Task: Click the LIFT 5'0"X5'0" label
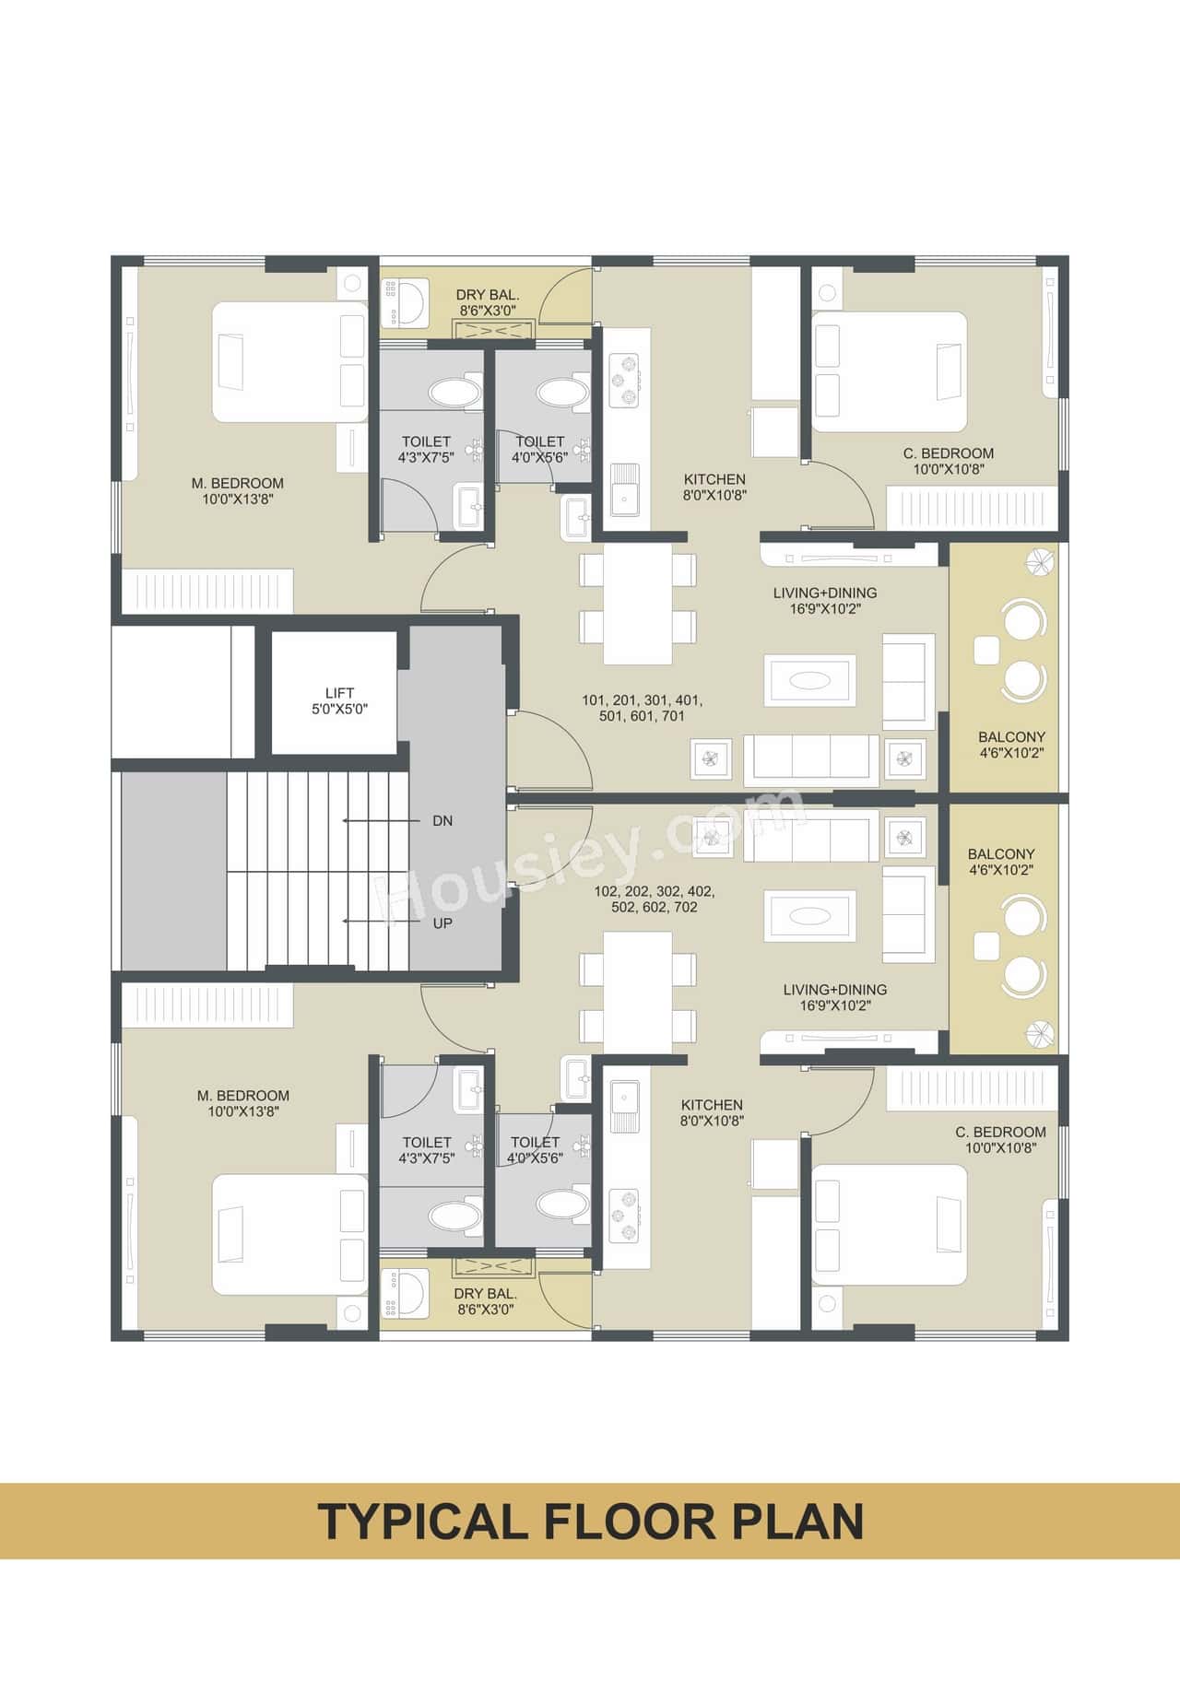(x=339, y=700)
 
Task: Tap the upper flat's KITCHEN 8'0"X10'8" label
(x=714, y=487)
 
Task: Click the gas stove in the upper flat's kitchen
(x=623, y=380)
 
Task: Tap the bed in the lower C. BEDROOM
(x=891, y=1225)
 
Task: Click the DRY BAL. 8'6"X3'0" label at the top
(x=488, y=302)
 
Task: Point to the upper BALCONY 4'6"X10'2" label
(x=1011, y=745)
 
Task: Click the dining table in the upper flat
(x=637, y=604)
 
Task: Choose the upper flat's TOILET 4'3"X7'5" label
(x=425, y=449)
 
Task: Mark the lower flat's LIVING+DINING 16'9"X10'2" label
(x=834, y=997)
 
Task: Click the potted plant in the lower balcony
(x=1040, y=1034)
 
